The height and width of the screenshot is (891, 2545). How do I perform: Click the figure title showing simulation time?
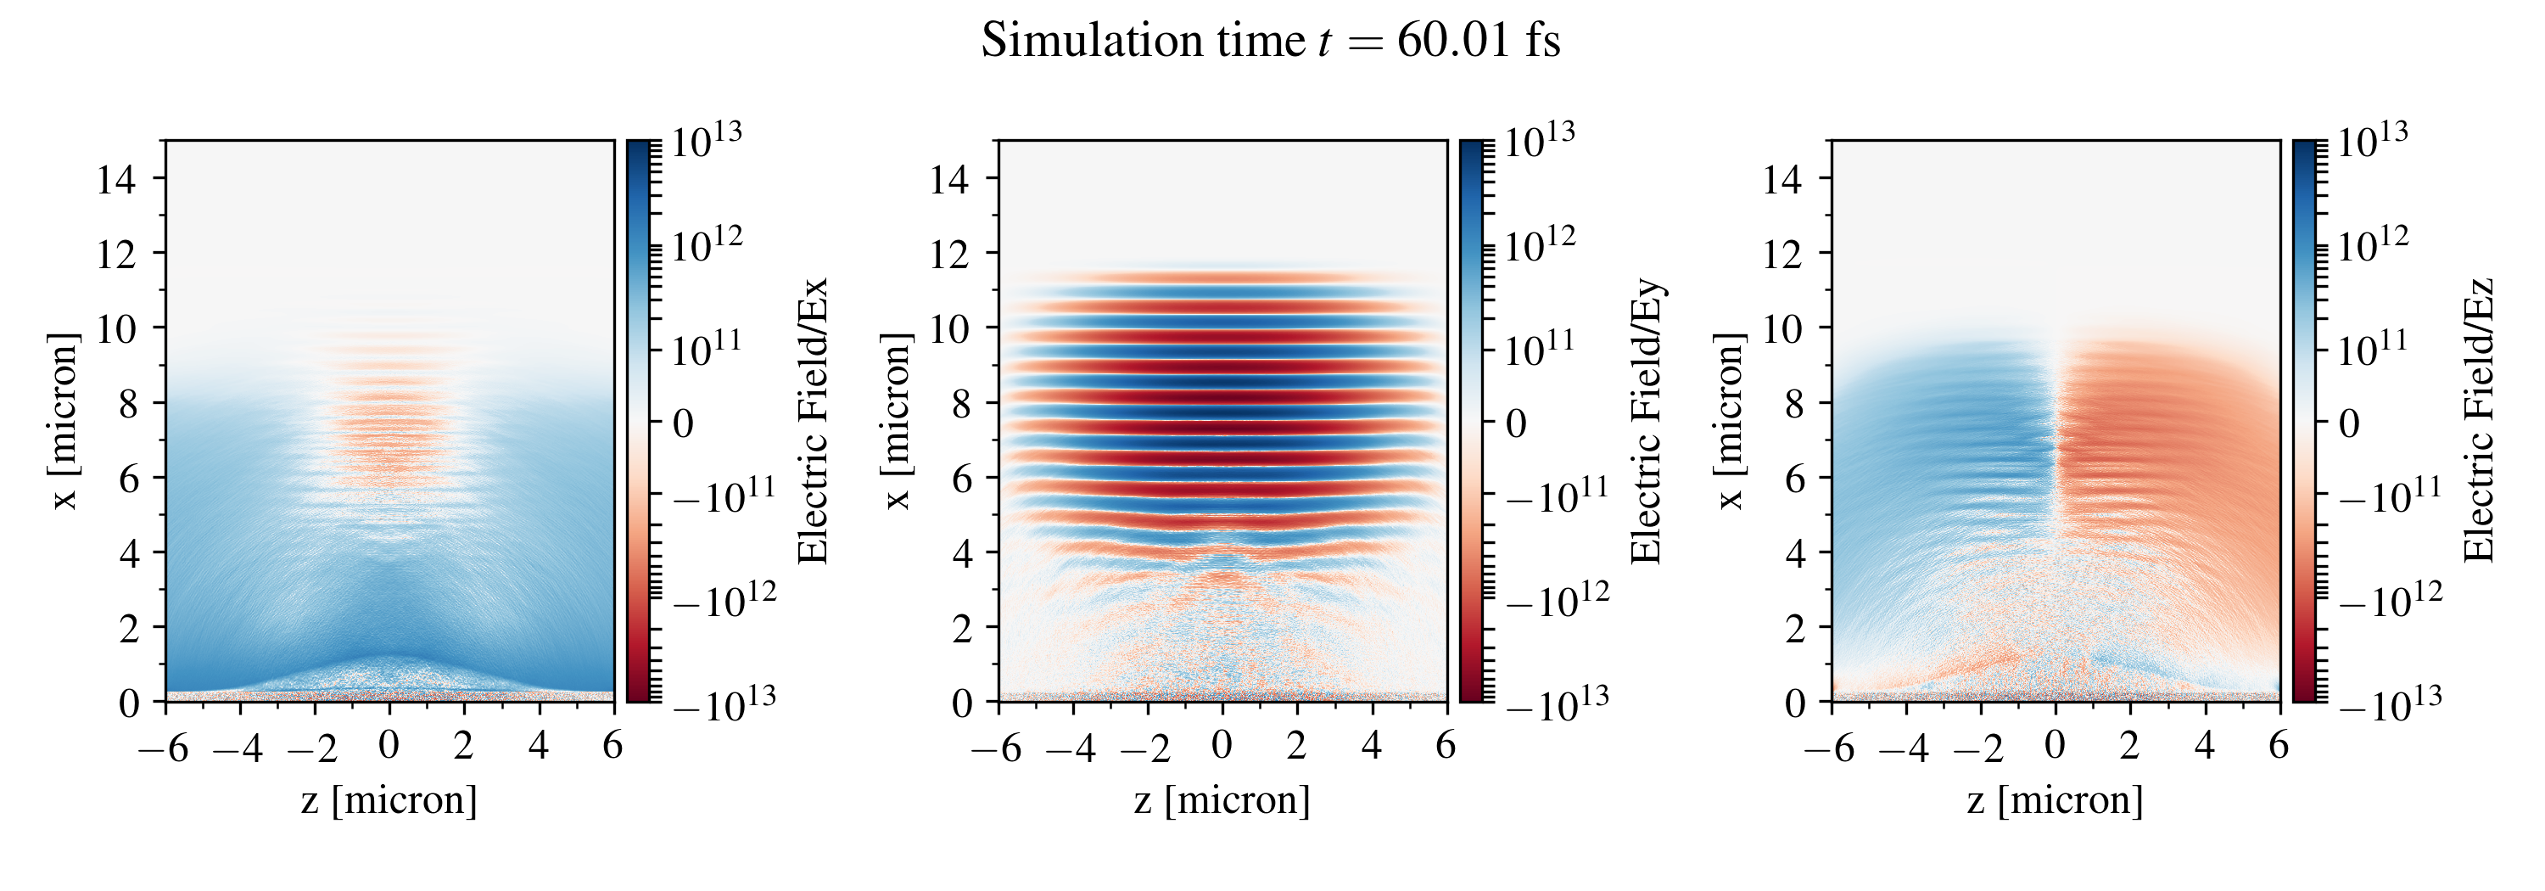tap(1271, 42)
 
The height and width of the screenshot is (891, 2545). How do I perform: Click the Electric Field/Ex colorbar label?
tap(812, 421)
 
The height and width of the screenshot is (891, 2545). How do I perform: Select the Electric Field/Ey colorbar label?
tap(1645, 421)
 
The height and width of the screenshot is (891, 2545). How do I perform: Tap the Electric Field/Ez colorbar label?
tap(2478, 421)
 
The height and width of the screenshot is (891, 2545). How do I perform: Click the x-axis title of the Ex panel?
tap(389, 799)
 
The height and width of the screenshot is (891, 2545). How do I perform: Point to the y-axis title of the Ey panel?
tap(895, 421)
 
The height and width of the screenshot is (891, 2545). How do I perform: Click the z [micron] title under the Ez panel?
tap(2055, 799)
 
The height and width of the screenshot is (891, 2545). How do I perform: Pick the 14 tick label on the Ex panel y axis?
tap(116, 179)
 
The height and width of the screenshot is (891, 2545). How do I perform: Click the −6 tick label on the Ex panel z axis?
tap(164, 748)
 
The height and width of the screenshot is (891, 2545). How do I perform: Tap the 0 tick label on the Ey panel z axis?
tap(1222, 745)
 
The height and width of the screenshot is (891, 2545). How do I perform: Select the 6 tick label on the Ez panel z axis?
tap(2279, 745)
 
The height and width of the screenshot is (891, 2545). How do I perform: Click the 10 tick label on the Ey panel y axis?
tap(949, 328)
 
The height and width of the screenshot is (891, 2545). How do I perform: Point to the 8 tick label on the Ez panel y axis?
tap(1794, 403)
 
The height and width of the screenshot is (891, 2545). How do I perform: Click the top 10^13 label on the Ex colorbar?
tap(707, 140)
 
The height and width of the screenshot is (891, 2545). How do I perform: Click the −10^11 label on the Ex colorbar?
tap(724, 496)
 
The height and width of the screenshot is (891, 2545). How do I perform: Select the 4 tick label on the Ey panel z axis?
tap(1371, 745)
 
